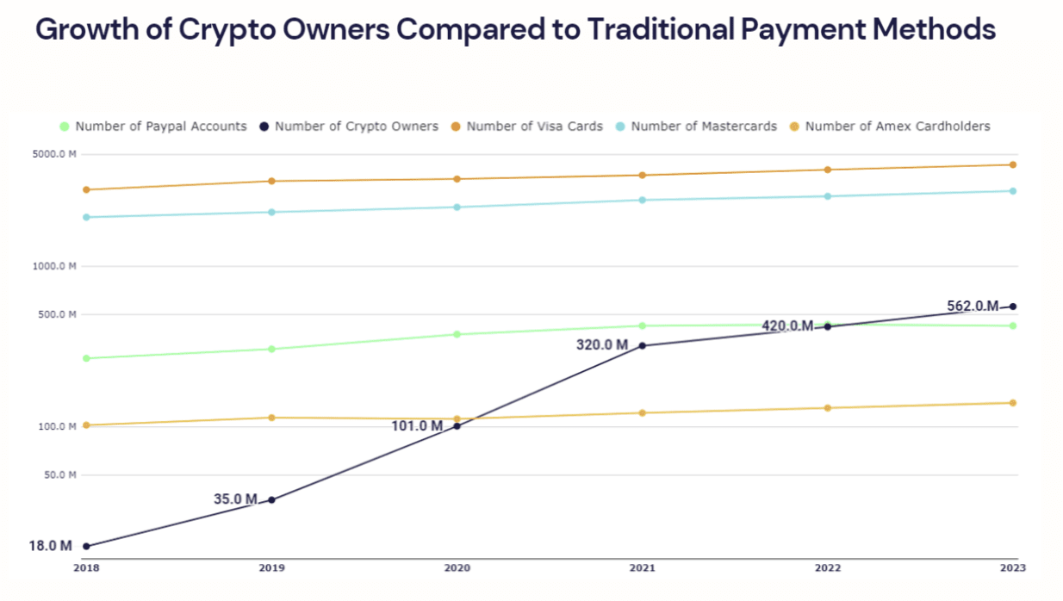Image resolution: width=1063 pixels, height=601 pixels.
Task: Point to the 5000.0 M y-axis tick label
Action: click(x=55, y=155)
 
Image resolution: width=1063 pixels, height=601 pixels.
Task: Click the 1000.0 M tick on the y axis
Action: click(x=55, y=266)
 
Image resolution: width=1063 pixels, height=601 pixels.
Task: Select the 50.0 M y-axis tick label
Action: click(x=59, y=475)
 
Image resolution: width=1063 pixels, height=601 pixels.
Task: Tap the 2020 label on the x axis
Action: click(x=457, y=567)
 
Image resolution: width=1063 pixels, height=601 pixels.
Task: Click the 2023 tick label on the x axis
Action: click(x=1013, y=567)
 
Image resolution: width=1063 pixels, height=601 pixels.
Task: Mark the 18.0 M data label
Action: click(x=50, y=546)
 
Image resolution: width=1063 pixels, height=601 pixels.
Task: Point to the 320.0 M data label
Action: click(x=602, y=345)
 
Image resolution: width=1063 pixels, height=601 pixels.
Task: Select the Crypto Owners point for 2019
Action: click(x=271, y=499)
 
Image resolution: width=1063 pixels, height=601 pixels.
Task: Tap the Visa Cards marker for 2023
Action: click(x=1013, y=164)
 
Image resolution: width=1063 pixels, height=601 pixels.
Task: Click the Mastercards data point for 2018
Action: click(x=85, y=217)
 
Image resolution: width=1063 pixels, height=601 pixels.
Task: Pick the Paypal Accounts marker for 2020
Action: click(x=457, y=334)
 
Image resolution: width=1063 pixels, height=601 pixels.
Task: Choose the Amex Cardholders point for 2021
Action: click(x=642, y=413)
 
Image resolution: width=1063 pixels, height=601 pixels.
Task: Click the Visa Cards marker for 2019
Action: click(x=271, y=181)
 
